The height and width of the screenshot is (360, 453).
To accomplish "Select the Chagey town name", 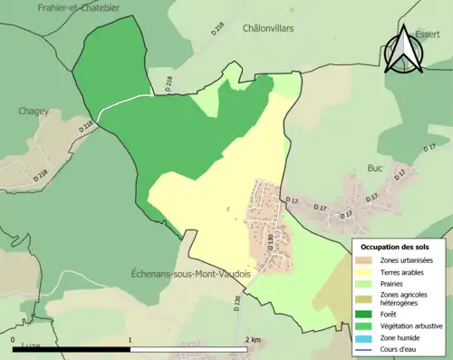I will pyautogui.click(x=33, y=112).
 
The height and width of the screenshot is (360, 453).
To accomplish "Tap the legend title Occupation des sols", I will pyautogui.click(x=394, y=247).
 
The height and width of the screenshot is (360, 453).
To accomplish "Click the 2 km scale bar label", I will pyautogui.click(x=253, y=340).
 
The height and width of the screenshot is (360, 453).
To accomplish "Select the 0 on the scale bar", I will pyautogui.click(x=14, y=340).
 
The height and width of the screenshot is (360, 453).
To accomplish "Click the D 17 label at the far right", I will pyautogui.click(x=429, y=148).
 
